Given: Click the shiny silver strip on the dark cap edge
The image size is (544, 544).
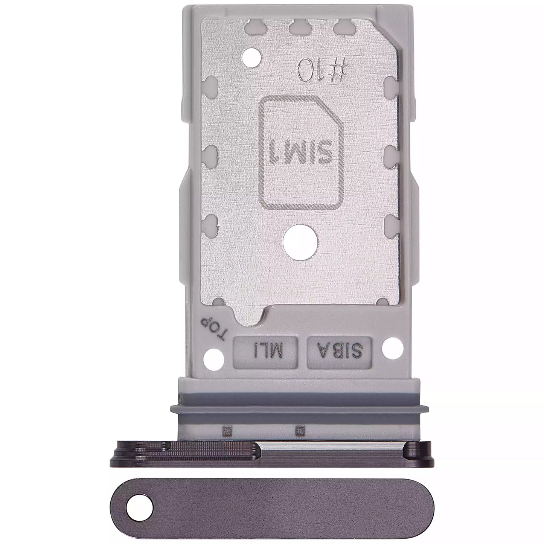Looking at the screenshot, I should [331, 447].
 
